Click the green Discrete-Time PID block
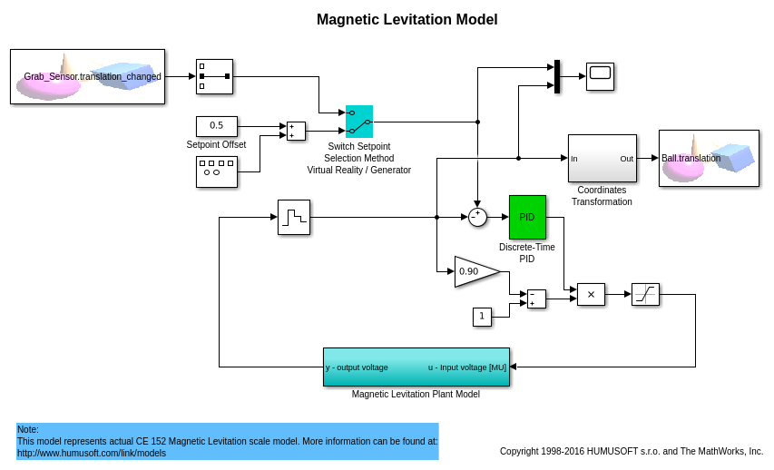click(527, 217)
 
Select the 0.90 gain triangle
click(474, 271)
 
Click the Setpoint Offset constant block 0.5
click(216, 126)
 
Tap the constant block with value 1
click(482, 317)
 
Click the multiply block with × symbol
click(591, 294)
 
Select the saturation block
click(645, 294)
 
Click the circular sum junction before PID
click(477, 217)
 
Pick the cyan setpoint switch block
click(359, 122)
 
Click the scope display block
click(600, 76)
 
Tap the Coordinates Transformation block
click(602, 158)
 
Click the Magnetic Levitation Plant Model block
click(416, 367)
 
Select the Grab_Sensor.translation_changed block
click(88, 77)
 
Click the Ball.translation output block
click(709, 158)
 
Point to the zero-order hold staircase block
click(293, 217)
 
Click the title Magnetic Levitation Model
click(407, 19)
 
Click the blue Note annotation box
click(227, 441)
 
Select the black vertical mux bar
click(556, 76)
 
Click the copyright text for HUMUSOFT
click(632, 451)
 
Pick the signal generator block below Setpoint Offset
click(216, 171)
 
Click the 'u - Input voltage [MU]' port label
click(466, 367)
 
